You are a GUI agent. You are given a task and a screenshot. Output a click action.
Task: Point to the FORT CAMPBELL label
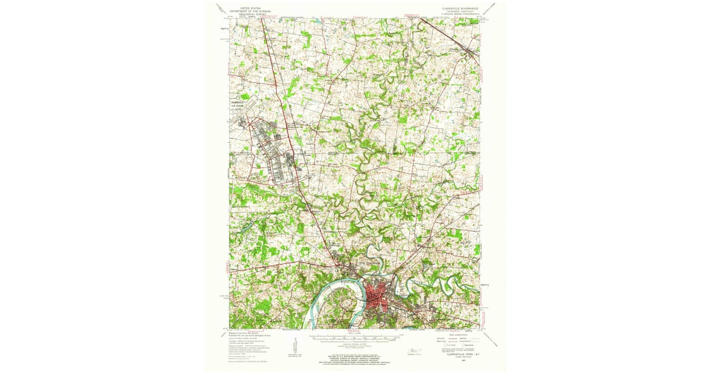pos(241,152)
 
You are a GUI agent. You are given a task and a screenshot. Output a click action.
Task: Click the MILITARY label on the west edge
pos(239,177)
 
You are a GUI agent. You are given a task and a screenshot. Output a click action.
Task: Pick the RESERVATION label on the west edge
pos(241,206)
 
